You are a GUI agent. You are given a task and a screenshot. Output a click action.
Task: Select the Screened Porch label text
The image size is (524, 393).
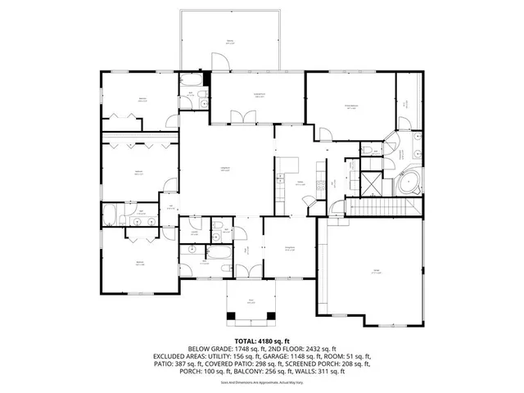(259, 97)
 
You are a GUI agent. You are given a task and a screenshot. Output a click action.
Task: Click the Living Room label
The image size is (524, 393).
(225, 169)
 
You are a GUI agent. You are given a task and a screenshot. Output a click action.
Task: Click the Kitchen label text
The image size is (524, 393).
(300, 183)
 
